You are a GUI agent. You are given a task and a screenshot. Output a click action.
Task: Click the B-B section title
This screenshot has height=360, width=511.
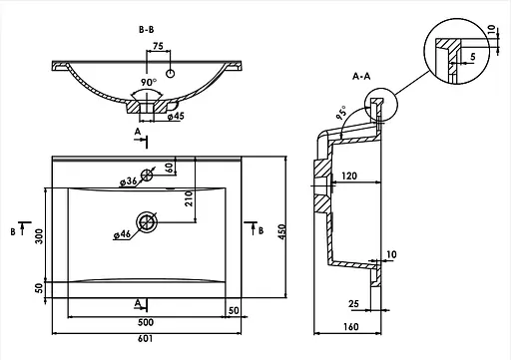(x=147, y=30)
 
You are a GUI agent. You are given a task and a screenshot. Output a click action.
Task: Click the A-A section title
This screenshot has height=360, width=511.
(x=361, y=77)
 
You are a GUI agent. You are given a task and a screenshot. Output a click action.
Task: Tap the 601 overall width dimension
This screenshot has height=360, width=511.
(x=146, y=339)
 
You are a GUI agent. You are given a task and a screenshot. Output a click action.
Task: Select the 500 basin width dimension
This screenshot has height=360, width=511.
(x=146, y=322)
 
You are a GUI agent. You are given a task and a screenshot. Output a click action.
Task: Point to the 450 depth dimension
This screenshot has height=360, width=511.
(x=281, y=232)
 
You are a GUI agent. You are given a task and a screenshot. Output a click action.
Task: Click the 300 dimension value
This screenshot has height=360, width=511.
(x=39, y=236)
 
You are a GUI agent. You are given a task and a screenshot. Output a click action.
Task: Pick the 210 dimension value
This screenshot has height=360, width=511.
(x=189, y=198)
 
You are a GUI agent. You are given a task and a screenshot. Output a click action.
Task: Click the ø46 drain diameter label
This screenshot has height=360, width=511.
(x=122, y=234)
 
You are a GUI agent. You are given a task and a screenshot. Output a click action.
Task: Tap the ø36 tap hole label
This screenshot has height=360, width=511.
(x=128, y=181)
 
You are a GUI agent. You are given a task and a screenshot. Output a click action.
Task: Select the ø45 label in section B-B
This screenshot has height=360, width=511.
(x=176, y=116)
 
